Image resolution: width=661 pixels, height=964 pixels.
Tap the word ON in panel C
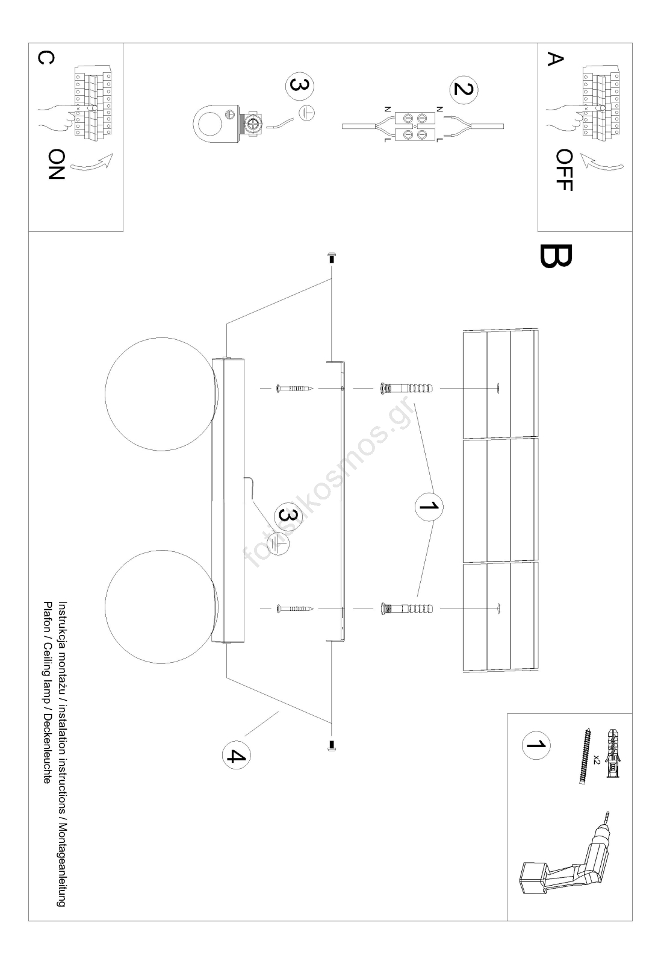[55, 164]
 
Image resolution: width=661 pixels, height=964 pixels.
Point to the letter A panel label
[555, 59]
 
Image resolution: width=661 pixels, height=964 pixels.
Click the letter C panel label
[46, 57]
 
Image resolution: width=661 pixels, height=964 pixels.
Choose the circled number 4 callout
[236, 755]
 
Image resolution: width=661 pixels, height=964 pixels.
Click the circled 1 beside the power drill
[535, 745]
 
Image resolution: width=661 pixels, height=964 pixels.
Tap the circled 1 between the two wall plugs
[429, 507]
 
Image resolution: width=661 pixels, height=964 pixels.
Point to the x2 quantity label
[595, 759]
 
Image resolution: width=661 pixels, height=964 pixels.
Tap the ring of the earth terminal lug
[208, 125]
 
